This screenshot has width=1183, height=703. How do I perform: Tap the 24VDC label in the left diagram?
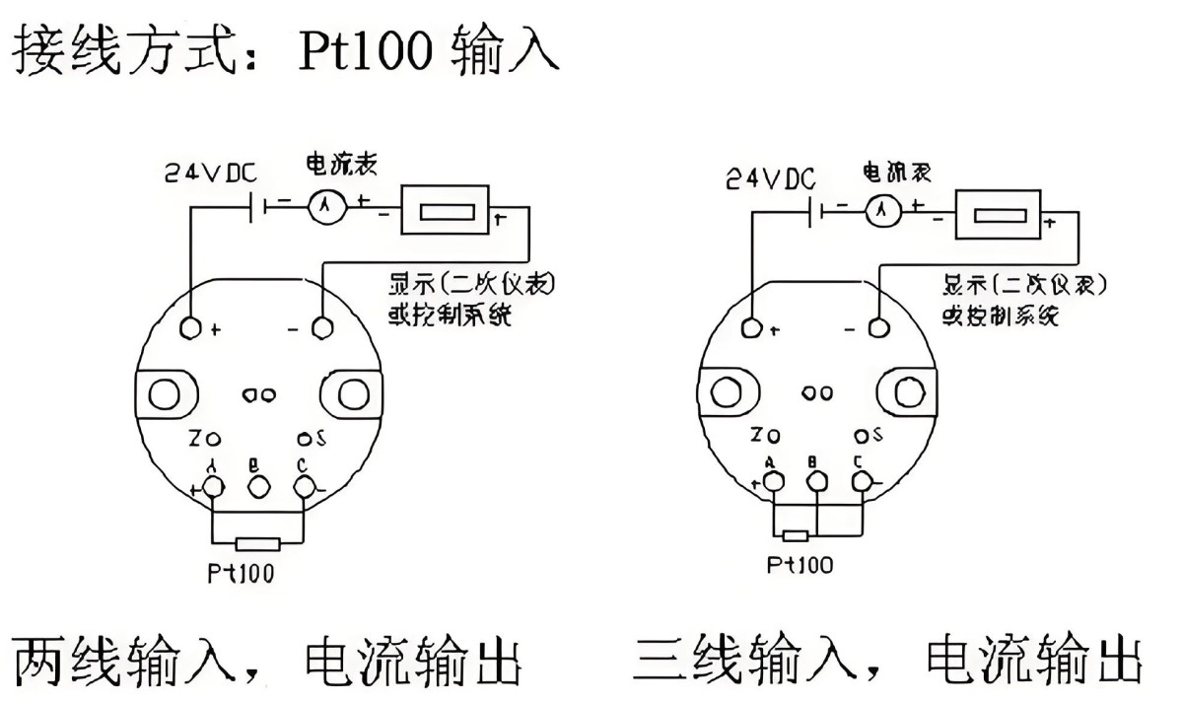[210, 175]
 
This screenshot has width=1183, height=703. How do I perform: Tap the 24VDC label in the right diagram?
[771, 177]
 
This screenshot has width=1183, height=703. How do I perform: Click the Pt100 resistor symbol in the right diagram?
[796, 536]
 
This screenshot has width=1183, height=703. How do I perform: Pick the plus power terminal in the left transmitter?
[192, 326]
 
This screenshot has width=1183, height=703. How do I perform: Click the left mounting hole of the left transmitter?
[163, 394]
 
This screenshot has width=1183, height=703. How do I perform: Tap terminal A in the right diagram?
[774, 480]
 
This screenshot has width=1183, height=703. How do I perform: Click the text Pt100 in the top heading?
[366, 51]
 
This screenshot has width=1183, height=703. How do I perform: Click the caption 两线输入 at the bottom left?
[123, 660]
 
